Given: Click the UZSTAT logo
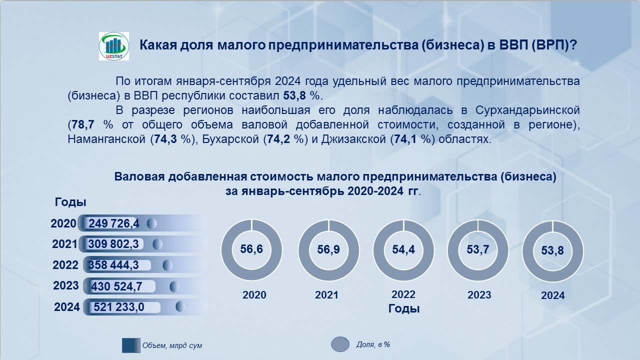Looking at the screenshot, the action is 113,46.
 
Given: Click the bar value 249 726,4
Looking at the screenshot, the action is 113,223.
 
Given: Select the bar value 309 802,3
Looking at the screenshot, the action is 113,244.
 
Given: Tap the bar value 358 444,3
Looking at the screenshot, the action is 113,265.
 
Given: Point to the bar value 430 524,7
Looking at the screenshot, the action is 116,286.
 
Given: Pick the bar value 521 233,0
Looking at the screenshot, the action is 119,307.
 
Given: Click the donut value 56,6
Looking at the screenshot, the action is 251,249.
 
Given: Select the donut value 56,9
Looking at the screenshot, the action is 328,249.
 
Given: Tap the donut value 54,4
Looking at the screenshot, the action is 403,249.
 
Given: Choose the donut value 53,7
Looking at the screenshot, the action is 478,249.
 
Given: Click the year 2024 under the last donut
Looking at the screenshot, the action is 553,295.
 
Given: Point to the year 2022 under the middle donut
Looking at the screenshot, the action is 403,294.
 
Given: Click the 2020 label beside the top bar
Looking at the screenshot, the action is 63,223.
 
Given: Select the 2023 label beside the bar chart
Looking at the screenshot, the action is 65,285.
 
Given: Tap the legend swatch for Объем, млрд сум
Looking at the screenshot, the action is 131,345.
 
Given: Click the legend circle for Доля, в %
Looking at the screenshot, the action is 340,344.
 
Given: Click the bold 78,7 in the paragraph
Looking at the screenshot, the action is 83,124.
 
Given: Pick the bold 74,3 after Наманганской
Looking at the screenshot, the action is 165,139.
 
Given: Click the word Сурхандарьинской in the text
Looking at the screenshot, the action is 527,110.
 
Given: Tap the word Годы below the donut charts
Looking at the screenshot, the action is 404,308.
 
